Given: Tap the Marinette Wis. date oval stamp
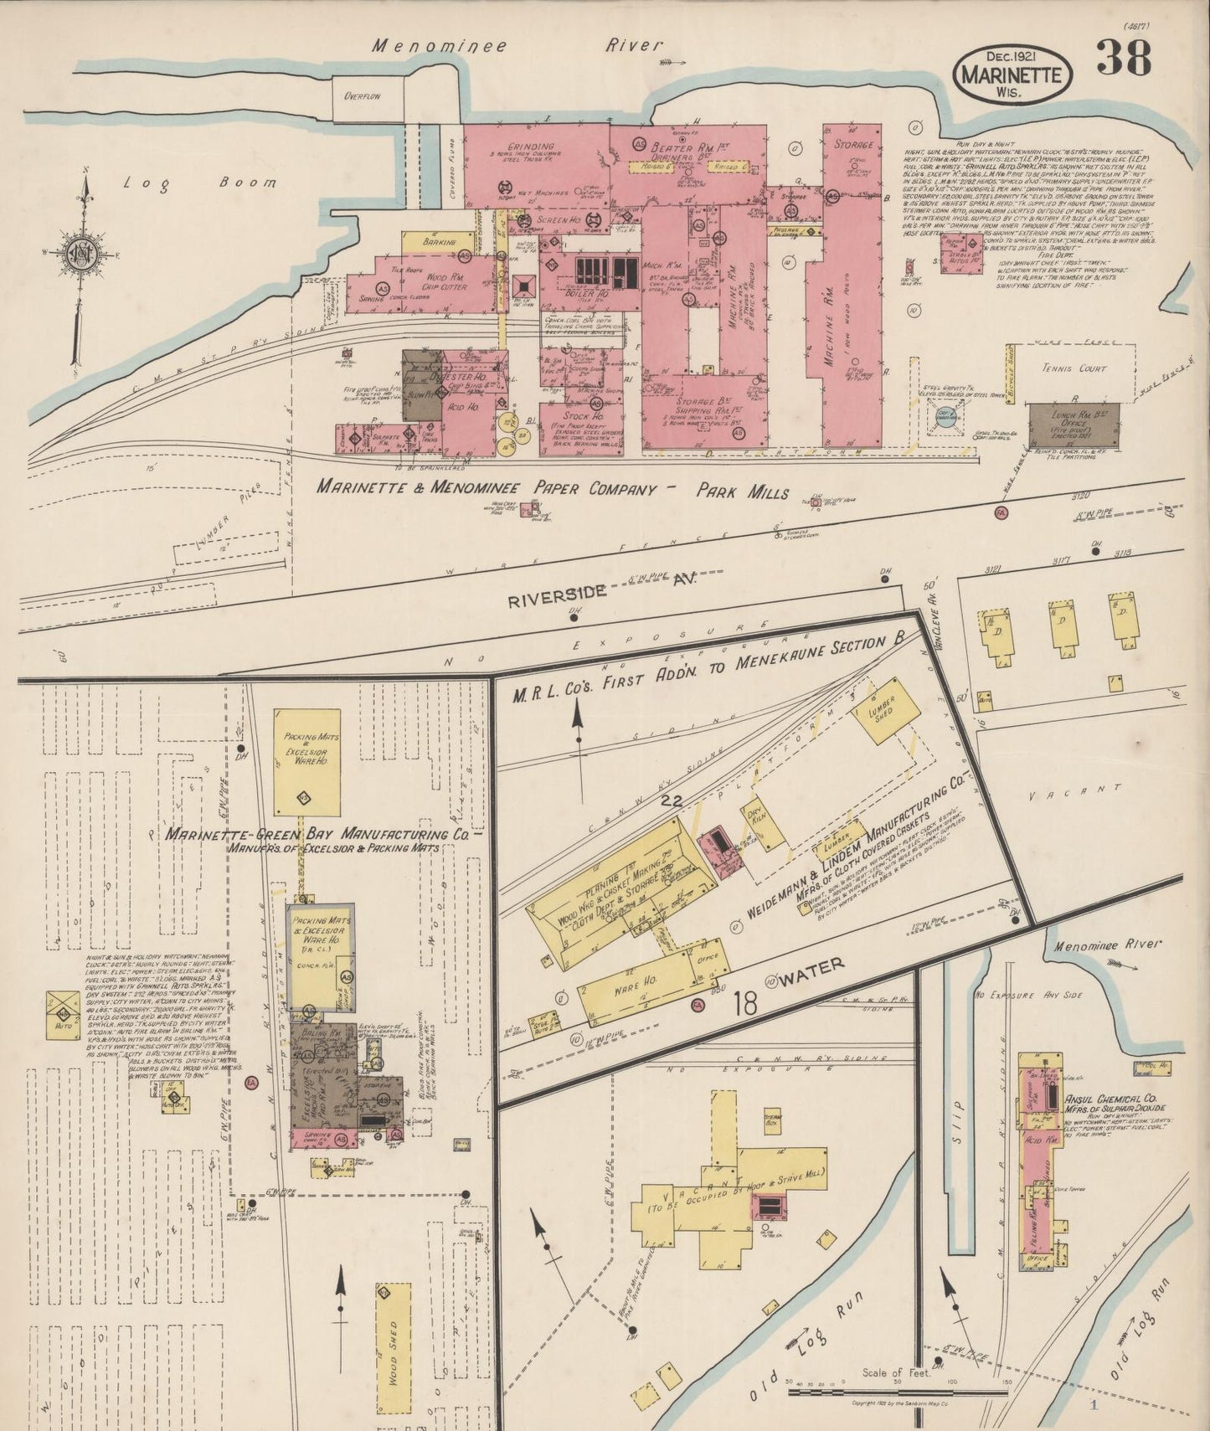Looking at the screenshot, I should pos(1012,75).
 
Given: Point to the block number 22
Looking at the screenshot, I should pos(670,801).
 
